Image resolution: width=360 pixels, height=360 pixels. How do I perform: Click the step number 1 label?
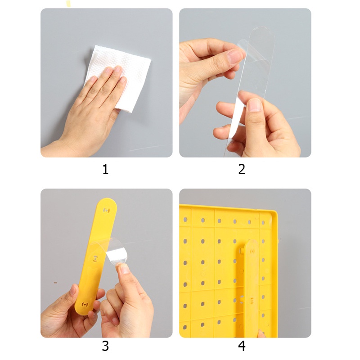pyautogui.click(x=105, y=170)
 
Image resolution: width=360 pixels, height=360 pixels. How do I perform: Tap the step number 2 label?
pyautogui.click(x=242, y=170)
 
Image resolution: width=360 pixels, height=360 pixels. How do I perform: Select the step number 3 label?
pyautogui.click(x=105, y=346)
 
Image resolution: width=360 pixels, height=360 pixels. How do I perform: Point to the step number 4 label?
pyautogui.click(x=242, y=346)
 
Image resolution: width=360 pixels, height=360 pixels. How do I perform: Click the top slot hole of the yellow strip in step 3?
pyautogui.click(x=106, y=210)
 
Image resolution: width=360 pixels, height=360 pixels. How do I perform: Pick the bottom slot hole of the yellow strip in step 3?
pyautogui.click(x=85, y=305)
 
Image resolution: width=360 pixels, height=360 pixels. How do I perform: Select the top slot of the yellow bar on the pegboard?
pyautogui.click(x=253, y=251)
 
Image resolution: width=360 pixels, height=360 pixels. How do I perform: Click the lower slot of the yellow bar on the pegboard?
pyautogui.click(x=252, y=300)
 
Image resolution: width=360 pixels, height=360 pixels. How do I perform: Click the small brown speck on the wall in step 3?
pyautogui.click(x=55, y=283)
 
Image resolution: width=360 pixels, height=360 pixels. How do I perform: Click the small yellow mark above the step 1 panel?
pyautogui.click(x=68, y=4)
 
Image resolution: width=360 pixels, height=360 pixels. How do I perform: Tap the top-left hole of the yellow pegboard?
pyautogui.click(x=185, y=220)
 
